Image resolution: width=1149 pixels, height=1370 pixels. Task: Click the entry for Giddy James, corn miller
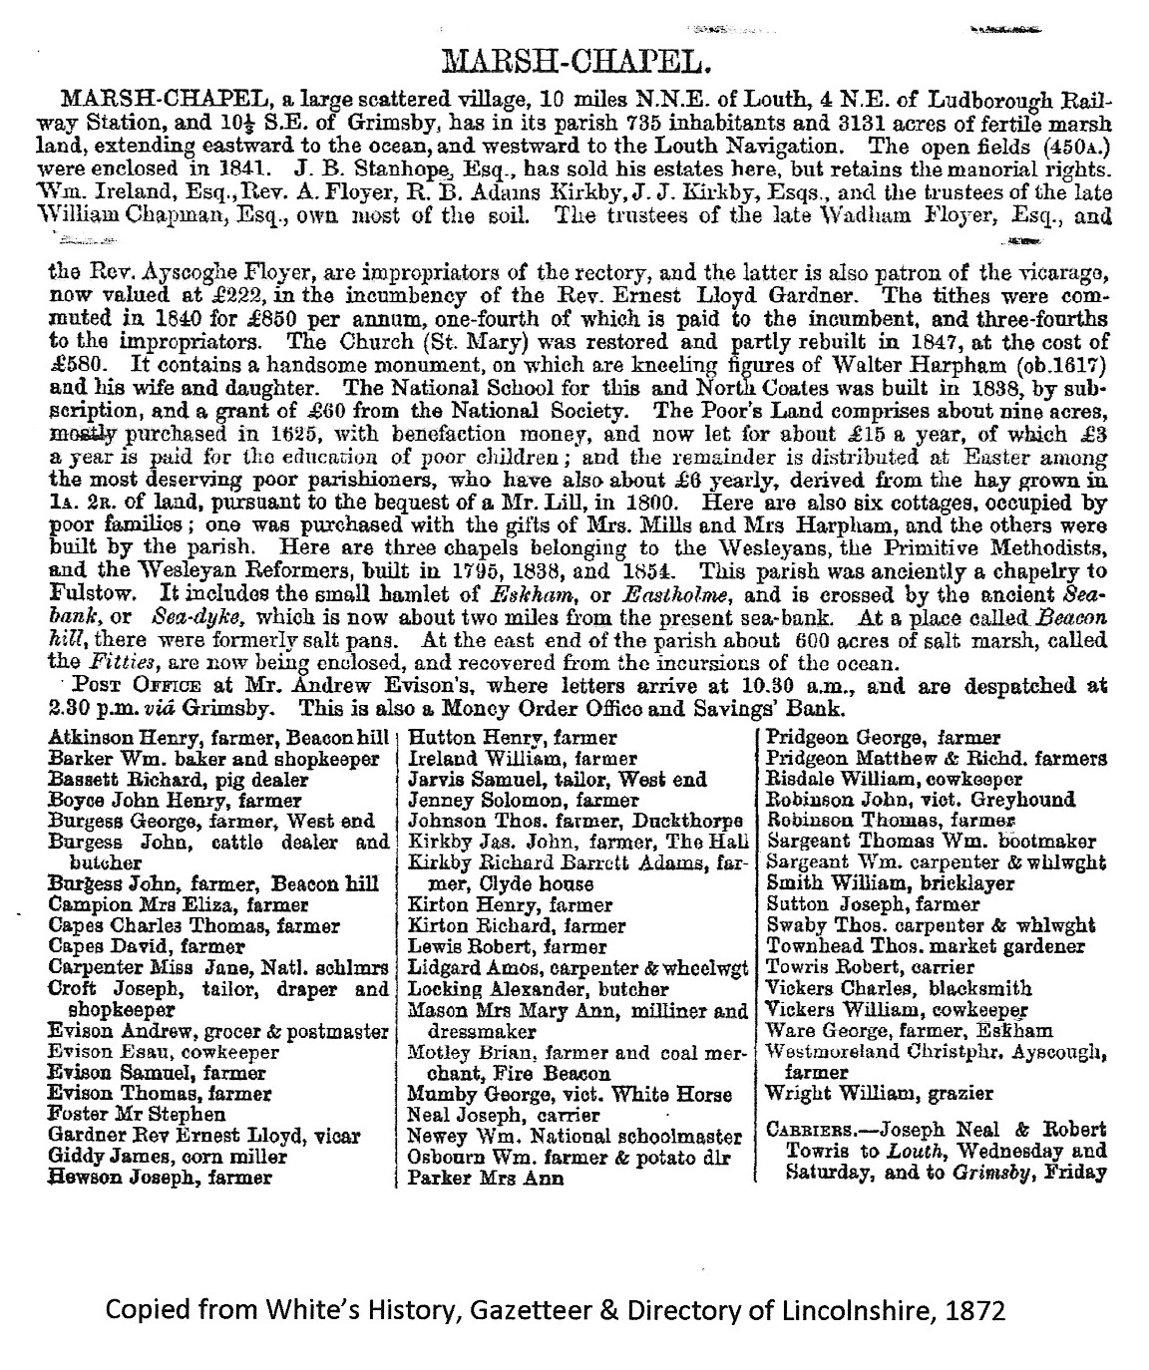click(x=168, y=1157)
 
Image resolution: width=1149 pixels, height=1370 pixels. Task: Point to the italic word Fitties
click(x=109, y=661)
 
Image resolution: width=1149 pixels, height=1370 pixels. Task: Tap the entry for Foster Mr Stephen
click(x=137, y=1115)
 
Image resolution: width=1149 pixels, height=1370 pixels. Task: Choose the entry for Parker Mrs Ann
click(x=486, y=1179)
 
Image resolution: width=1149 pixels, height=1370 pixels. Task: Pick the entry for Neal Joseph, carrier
click(x=504, y=1115)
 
